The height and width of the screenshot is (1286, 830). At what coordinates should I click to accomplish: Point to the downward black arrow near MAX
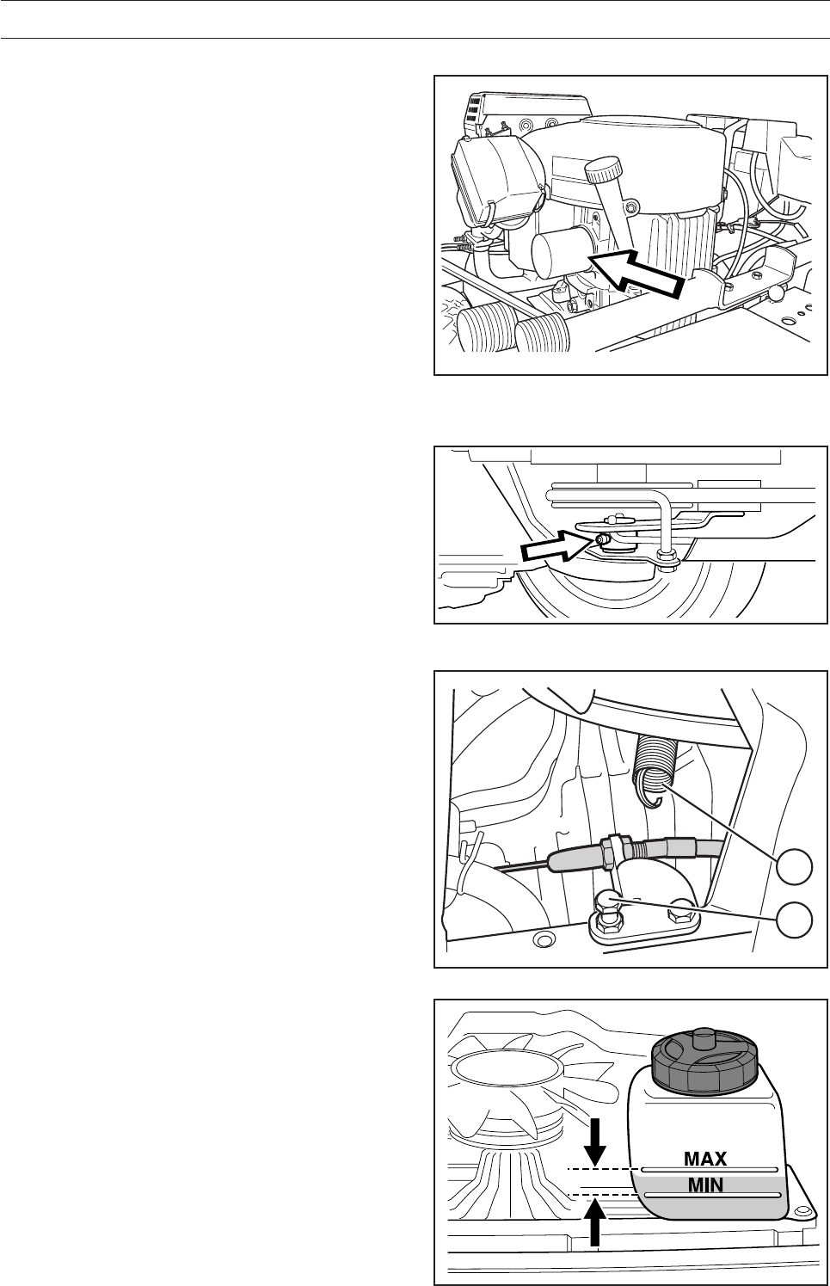click(594, 1140)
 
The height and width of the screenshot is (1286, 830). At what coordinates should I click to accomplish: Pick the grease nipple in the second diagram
click(601, 539)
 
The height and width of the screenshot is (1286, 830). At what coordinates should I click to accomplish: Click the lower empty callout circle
click(795, 920)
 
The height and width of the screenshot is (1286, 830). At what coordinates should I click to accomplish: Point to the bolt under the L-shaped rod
click(667, 557)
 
